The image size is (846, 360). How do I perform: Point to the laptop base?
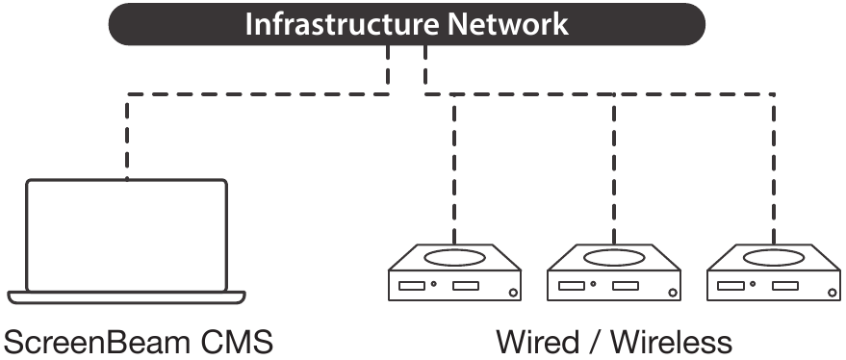point(127,296)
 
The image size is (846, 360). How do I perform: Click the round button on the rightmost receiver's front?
point(833,293)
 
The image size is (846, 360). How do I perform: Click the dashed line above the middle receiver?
point(614,168)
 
